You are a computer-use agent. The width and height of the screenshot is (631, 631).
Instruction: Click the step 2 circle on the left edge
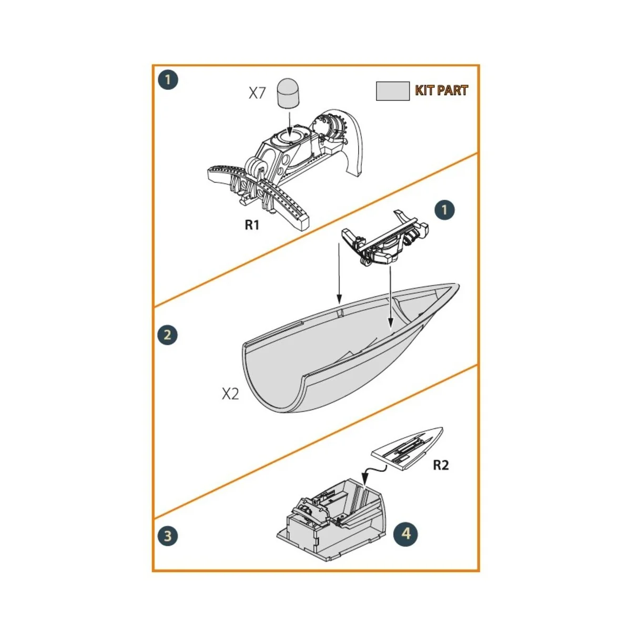[168, 335]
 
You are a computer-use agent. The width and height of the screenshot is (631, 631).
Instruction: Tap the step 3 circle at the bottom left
[168, 536]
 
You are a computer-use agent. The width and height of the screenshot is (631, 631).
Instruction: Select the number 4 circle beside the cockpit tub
[405, 534]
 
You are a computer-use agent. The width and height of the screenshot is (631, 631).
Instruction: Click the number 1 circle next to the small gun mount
[445, 210]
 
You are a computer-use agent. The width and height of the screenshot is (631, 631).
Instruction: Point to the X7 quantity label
[257, 94]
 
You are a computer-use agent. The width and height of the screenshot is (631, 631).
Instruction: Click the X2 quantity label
[230, 394]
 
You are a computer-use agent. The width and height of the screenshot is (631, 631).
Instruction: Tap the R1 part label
[252, 225]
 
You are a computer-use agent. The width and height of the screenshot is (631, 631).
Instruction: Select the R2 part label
[441, 465]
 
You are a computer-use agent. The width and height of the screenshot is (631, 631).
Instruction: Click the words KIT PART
[441, 90]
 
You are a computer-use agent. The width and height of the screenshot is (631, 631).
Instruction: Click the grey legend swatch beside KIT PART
[392, 91]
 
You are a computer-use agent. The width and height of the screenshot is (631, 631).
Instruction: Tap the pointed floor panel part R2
[408, 447]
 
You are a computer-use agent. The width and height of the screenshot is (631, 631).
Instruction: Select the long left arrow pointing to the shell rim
[339, 273]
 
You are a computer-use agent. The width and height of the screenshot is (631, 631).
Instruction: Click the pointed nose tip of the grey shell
[455, 287]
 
